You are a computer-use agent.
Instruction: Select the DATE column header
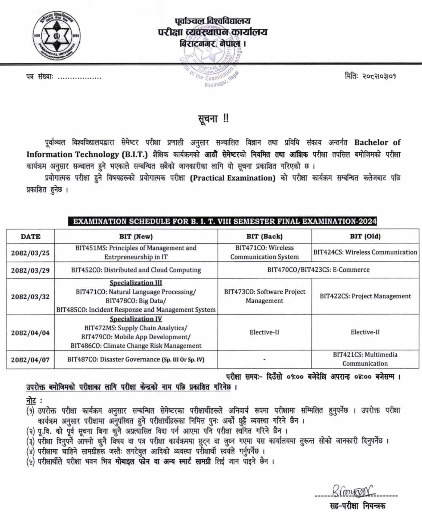(30, 237)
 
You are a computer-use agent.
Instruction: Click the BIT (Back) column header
(264, 236)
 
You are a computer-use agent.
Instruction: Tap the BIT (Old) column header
(365, 236)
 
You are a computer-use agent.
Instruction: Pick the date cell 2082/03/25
(30, 253)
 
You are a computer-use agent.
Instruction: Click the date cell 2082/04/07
(30, 360)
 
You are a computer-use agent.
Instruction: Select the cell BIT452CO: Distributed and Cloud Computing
(136, 270)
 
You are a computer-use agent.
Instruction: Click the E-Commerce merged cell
(318, 270)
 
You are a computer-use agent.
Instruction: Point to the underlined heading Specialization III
(136, 283)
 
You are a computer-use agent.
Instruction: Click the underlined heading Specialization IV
(136, 319)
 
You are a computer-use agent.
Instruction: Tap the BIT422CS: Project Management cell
(365, 296)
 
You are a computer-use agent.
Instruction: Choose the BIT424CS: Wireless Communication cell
(365, 252)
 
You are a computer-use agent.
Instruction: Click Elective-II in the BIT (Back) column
(264, 332)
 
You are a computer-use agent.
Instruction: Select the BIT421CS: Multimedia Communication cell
(365, 359)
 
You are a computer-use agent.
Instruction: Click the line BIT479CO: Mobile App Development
(136, 337)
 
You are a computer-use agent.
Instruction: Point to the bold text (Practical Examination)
(233, 178)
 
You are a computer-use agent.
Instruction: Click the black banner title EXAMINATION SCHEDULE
(222, 221)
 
